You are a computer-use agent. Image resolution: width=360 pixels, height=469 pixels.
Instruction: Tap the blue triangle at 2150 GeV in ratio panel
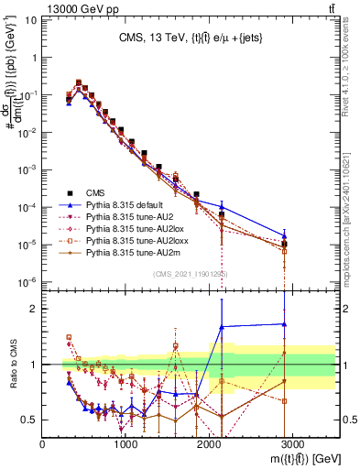click(x=222, y=326)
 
